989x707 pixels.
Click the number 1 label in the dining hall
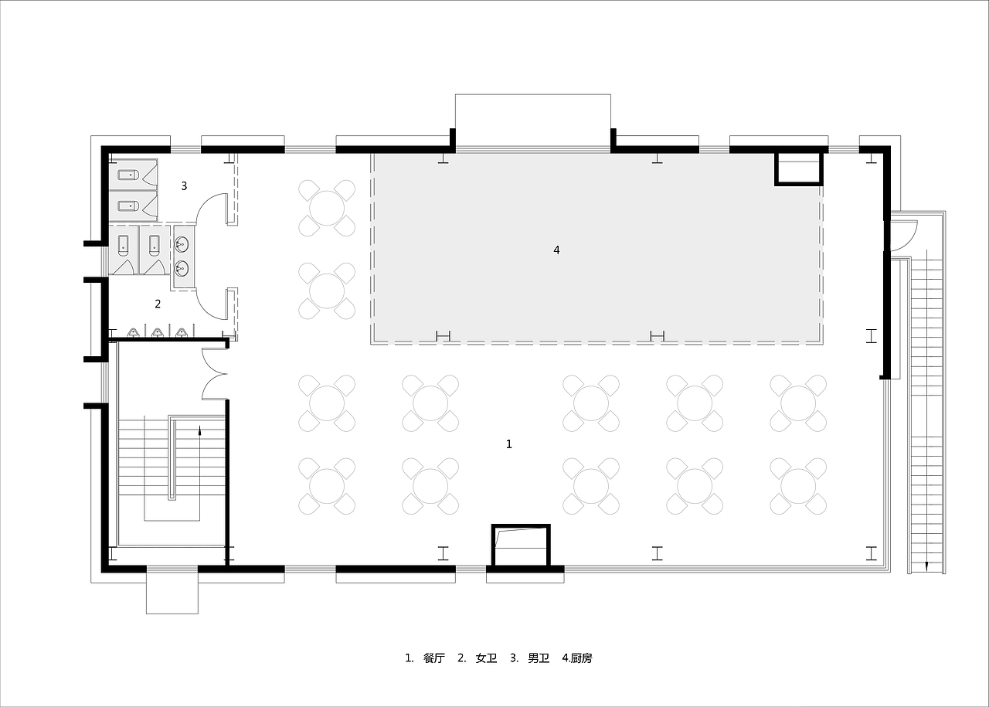[508, 444]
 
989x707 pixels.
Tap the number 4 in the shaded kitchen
[556, 250]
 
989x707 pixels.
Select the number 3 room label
[184, 186]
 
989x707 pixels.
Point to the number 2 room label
[158, 304]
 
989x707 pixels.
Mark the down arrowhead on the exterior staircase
[926, 566]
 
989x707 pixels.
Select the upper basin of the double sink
[182, 243]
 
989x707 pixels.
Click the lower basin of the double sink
[182, 267]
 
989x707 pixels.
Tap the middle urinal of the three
[158, 333]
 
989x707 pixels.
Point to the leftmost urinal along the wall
[134, 333]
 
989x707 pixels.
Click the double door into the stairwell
[215, 374]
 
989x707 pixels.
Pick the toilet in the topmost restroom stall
[128, 175]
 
